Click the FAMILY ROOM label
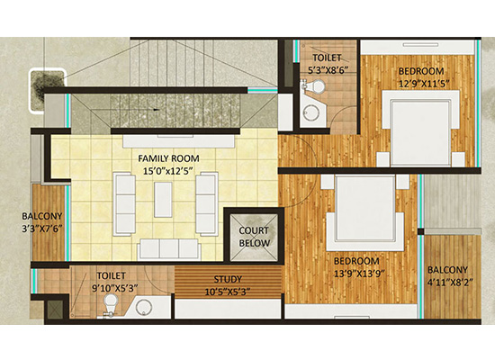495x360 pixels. (x=168, y=158)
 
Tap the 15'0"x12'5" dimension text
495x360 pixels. (x=168, y=171)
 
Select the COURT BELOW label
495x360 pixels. (x=254, y=237)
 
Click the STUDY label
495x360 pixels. (x=228, y=280)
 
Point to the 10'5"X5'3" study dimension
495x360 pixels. (x=228, y=292)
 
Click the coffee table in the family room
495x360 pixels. (x=163, y=200)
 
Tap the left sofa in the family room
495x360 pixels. (x=124, y=204)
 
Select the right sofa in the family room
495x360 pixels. (x=207, y=204)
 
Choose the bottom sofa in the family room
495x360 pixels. (x=169, y=249)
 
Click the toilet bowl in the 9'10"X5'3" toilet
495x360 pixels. (x=110, y=304)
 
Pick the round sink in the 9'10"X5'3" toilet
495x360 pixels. (x=144, y=307)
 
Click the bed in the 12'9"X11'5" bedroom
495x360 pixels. (x=420, y=128)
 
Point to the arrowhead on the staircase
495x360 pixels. (x=156, y=110)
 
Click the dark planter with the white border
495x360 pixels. (x=48, y=90)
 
